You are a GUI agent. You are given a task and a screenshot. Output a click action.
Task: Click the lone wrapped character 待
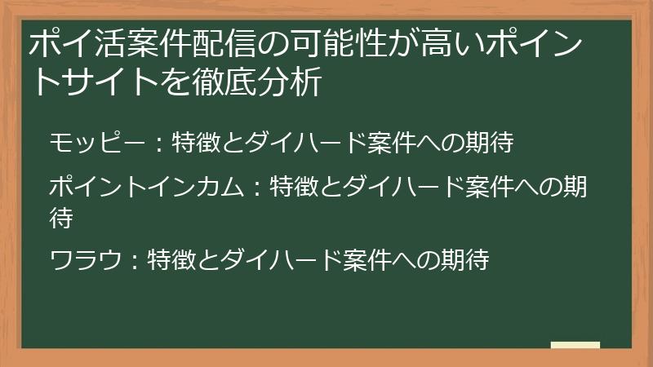pos(62,218)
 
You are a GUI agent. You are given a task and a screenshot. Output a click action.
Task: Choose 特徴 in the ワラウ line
pos(168,261)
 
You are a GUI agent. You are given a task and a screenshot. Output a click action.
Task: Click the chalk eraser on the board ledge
pos(576,345)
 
